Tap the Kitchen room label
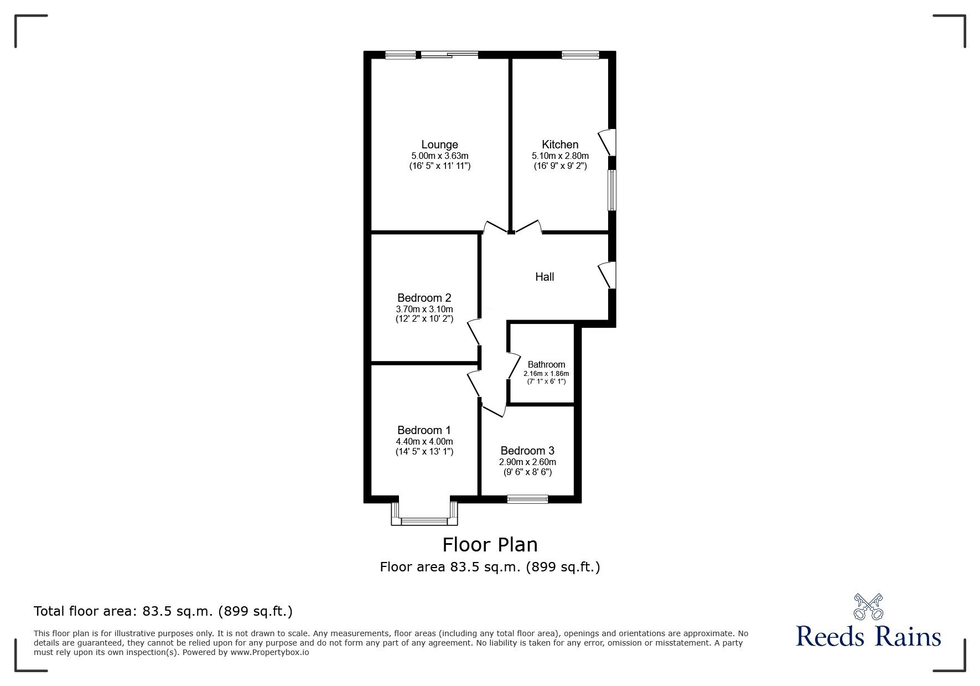560,145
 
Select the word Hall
545,277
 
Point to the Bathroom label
546,364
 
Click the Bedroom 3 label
527,451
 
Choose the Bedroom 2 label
424,298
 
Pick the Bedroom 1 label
424,430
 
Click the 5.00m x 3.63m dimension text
439,156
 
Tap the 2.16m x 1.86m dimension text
546,374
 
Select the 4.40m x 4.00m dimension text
424,441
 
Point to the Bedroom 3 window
528,499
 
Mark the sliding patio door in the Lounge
449,54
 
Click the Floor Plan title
490,545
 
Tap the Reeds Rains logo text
868,636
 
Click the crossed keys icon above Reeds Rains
868,606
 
